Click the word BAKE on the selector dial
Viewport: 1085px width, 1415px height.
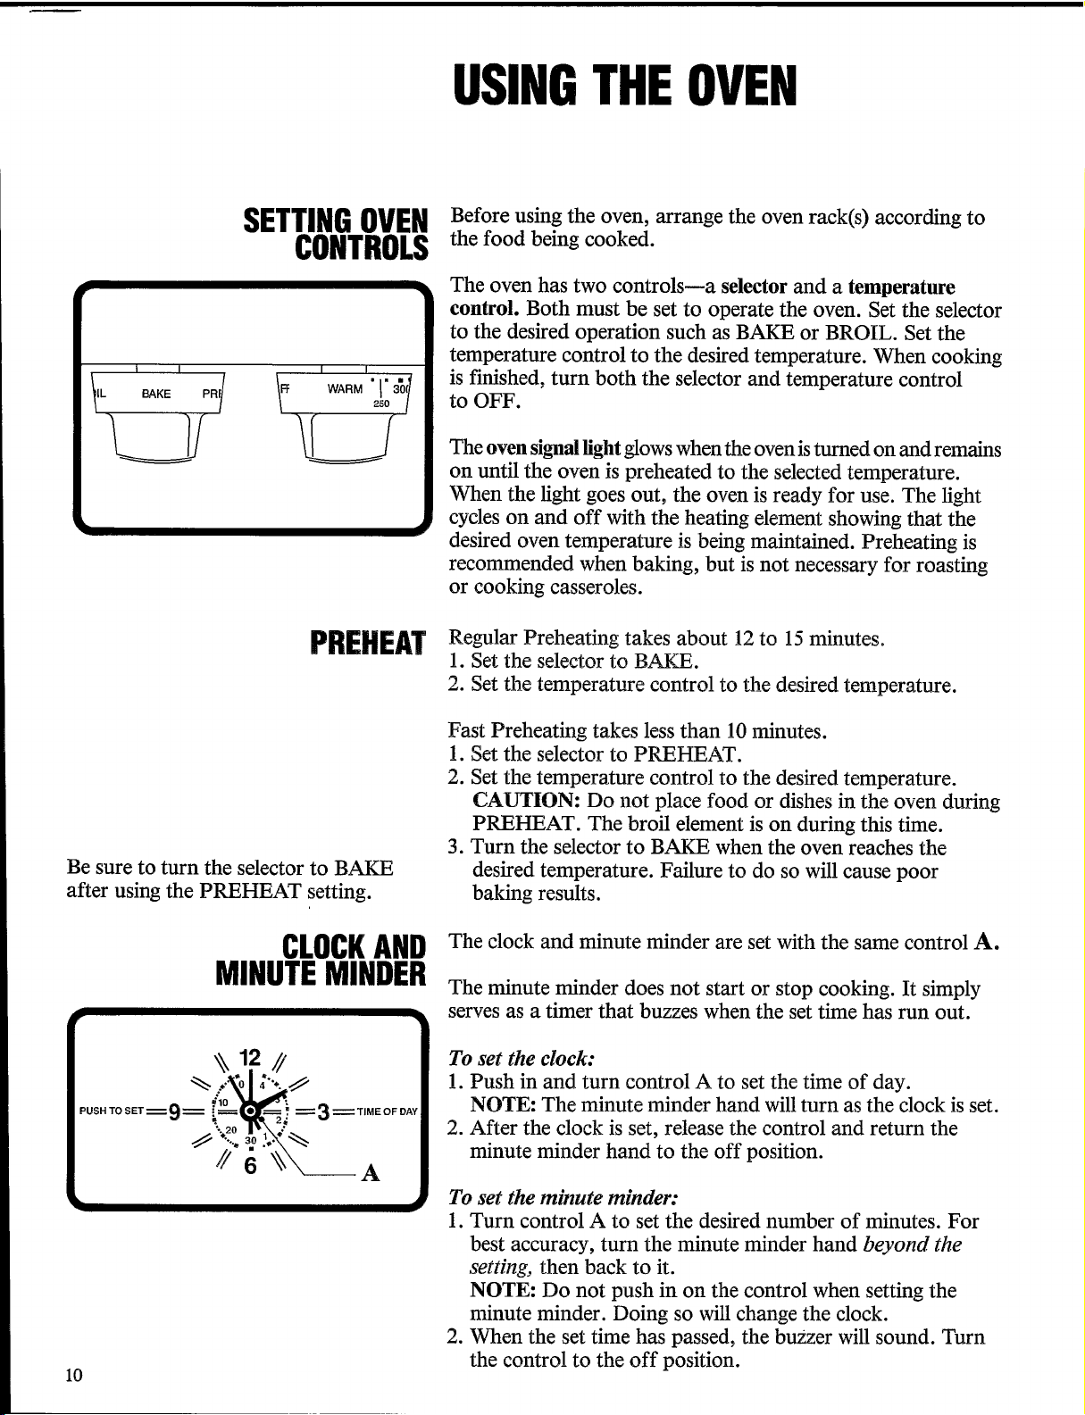[x=155, y=394]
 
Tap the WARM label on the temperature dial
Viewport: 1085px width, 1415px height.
[x=345, y=388]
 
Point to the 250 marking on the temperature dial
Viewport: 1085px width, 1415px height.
[x=381, y=404]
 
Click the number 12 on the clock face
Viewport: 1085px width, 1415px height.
[x=250, y=1056]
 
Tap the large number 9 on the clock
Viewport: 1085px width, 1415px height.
[x=174, y=1111]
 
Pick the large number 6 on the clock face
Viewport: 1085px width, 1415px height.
[x=250, y=1165]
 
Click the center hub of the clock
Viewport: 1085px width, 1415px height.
[x=250, y=1111]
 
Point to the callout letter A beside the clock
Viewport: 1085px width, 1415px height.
[x=370, y=1173]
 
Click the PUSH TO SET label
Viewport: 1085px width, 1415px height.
[x=111, y=1111]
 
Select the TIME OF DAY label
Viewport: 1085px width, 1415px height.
[x=387, y=1111]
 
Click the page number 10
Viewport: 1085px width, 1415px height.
[x=74, y=1376]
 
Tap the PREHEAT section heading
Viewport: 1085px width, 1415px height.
[x=368, y=644]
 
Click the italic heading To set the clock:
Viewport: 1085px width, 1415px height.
[x=522, y=1058]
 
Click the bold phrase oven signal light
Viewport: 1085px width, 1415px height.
[x=553, y=449]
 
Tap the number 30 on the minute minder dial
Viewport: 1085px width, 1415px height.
[x=251, y=1140]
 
